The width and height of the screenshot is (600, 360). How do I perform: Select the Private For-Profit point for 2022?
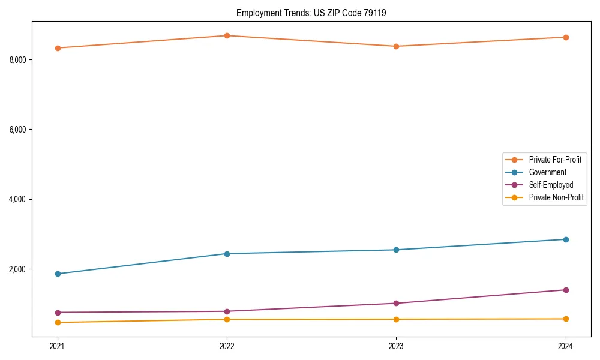(x=227, y=35)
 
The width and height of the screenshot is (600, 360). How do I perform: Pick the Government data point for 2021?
(x=58, y=274)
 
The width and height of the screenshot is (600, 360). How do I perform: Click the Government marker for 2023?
(x=396, y=250)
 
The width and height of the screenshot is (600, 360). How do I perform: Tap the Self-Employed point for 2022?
(x=227, y=311)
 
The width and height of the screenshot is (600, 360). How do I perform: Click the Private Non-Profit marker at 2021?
(x=58, y=322)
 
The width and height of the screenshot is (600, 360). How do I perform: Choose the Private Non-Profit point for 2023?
(x=396, y=319)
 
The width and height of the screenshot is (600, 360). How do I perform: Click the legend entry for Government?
(x=547, y=172)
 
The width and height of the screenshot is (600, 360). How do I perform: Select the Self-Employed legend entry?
(x=551, y=185)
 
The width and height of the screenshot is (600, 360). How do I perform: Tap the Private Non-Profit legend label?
(x=556, y=197)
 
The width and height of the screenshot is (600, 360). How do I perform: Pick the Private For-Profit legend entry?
(x=555, y=160)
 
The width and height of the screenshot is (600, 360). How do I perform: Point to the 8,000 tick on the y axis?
(x=19, y=60)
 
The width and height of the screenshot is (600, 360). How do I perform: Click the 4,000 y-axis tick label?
(x=19, y=199)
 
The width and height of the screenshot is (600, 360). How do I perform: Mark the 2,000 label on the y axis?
(x=19, y=269)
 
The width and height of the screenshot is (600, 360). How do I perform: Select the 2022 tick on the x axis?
(x=227, y=346)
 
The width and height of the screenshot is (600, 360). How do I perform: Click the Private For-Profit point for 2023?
(x=396, y=46)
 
